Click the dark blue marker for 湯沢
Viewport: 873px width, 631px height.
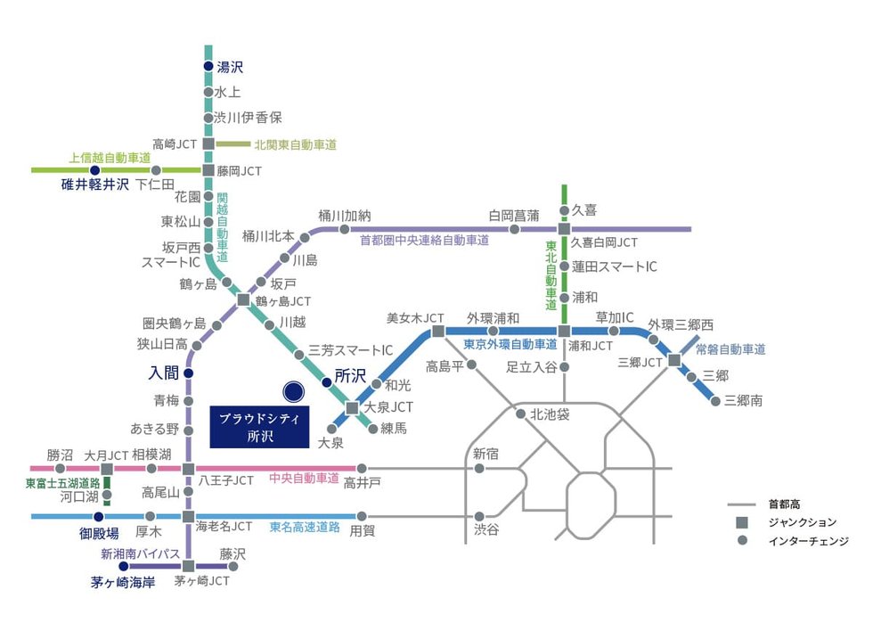pos(208,67)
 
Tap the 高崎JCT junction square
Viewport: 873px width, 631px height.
pos(208,143)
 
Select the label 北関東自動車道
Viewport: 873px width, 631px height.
pos(295,144)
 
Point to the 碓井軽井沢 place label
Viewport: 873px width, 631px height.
pos(94,184)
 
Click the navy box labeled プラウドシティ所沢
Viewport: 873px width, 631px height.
pos(259,427)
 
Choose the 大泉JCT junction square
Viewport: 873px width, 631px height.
pos(352,407)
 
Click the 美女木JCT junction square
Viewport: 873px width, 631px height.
pos(438,332)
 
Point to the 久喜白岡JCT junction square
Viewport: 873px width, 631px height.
pos(564,229)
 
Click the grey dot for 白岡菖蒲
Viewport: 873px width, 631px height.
pos(514,229)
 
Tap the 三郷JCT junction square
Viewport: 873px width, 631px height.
pos(674,361)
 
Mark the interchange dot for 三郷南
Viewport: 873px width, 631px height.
pos(715,400)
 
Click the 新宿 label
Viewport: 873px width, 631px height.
pos(486,454)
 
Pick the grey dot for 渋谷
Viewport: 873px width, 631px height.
pos(479,516)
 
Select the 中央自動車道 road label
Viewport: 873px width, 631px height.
pos(305,478)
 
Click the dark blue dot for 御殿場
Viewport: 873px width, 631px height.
pos(99,516)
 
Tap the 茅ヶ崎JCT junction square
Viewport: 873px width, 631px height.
pos(188,566)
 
